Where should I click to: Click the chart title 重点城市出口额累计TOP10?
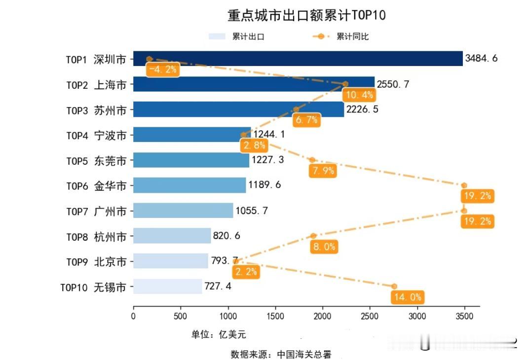[306, 15]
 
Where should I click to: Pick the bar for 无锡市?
[167, 287]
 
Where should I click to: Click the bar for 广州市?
[183, 211]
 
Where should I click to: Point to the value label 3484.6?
[481, 59]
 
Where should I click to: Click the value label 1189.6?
[264, 185]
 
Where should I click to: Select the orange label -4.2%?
[162, 70]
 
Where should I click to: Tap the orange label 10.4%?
[360, 95]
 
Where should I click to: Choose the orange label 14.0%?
[408, 297]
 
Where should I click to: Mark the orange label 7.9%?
[324, 171]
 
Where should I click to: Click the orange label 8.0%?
[324, 247]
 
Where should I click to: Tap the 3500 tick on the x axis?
[464, 316]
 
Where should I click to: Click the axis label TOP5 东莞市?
[97, 160]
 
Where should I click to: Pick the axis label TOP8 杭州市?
[97, 236]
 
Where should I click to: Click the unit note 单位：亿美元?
[219, 335]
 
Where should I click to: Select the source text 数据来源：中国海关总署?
[281, 354]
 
